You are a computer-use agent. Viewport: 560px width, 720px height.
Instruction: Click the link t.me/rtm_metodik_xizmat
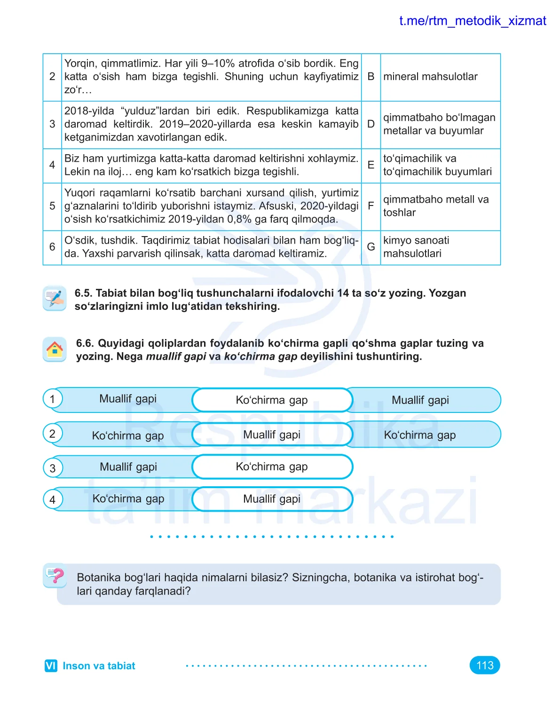[472, 21]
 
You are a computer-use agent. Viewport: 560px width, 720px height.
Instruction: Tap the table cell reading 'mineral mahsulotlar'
[430, 77]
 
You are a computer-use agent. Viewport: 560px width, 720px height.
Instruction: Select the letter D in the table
[371, 124]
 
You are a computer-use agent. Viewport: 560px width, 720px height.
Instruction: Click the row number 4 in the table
[52, 165]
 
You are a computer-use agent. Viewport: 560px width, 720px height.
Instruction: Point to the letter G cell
[371, 247]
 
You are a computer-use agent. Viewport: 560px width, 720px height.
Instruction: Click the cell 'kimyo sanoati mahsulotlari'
[416, 247]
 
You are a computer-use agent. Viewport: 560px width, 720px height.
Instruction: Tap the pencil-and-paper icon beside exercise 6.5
[55, 298]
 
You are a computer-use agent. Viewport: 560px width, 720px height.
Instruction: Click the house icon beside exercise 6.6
[55, 349]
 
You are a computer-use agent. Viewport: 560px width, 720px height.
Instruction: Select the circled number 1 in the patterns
[53, 399]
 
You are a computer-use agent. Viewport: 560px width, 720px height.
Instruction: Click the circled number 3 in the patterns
[53, 468]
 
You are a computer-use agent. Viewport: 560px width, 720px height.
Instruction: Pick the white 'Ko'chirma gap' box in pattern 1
[272, 400]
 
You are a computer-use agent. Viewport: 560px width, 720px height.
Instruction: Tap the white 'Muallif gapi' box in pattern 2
[272, 435]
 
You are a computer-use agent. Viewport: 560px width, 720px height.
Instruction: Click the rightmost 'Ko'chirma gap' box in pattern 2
[420, 435]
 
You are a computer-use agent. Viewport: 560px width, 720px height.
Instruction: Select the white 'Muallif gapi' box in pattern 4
[272, 499]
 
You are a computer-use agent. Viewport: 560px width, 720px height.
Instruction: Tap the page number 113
[485, 665]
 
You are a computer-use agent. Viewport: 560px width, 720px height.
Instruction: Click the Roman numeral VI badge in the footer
[51, 666]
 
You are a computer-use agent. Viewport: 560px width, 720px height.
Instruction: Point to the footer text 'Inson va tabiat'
[99, 666]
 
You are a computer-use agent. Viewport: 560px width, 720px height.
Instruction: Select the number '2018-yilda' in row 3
[89, 111]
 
